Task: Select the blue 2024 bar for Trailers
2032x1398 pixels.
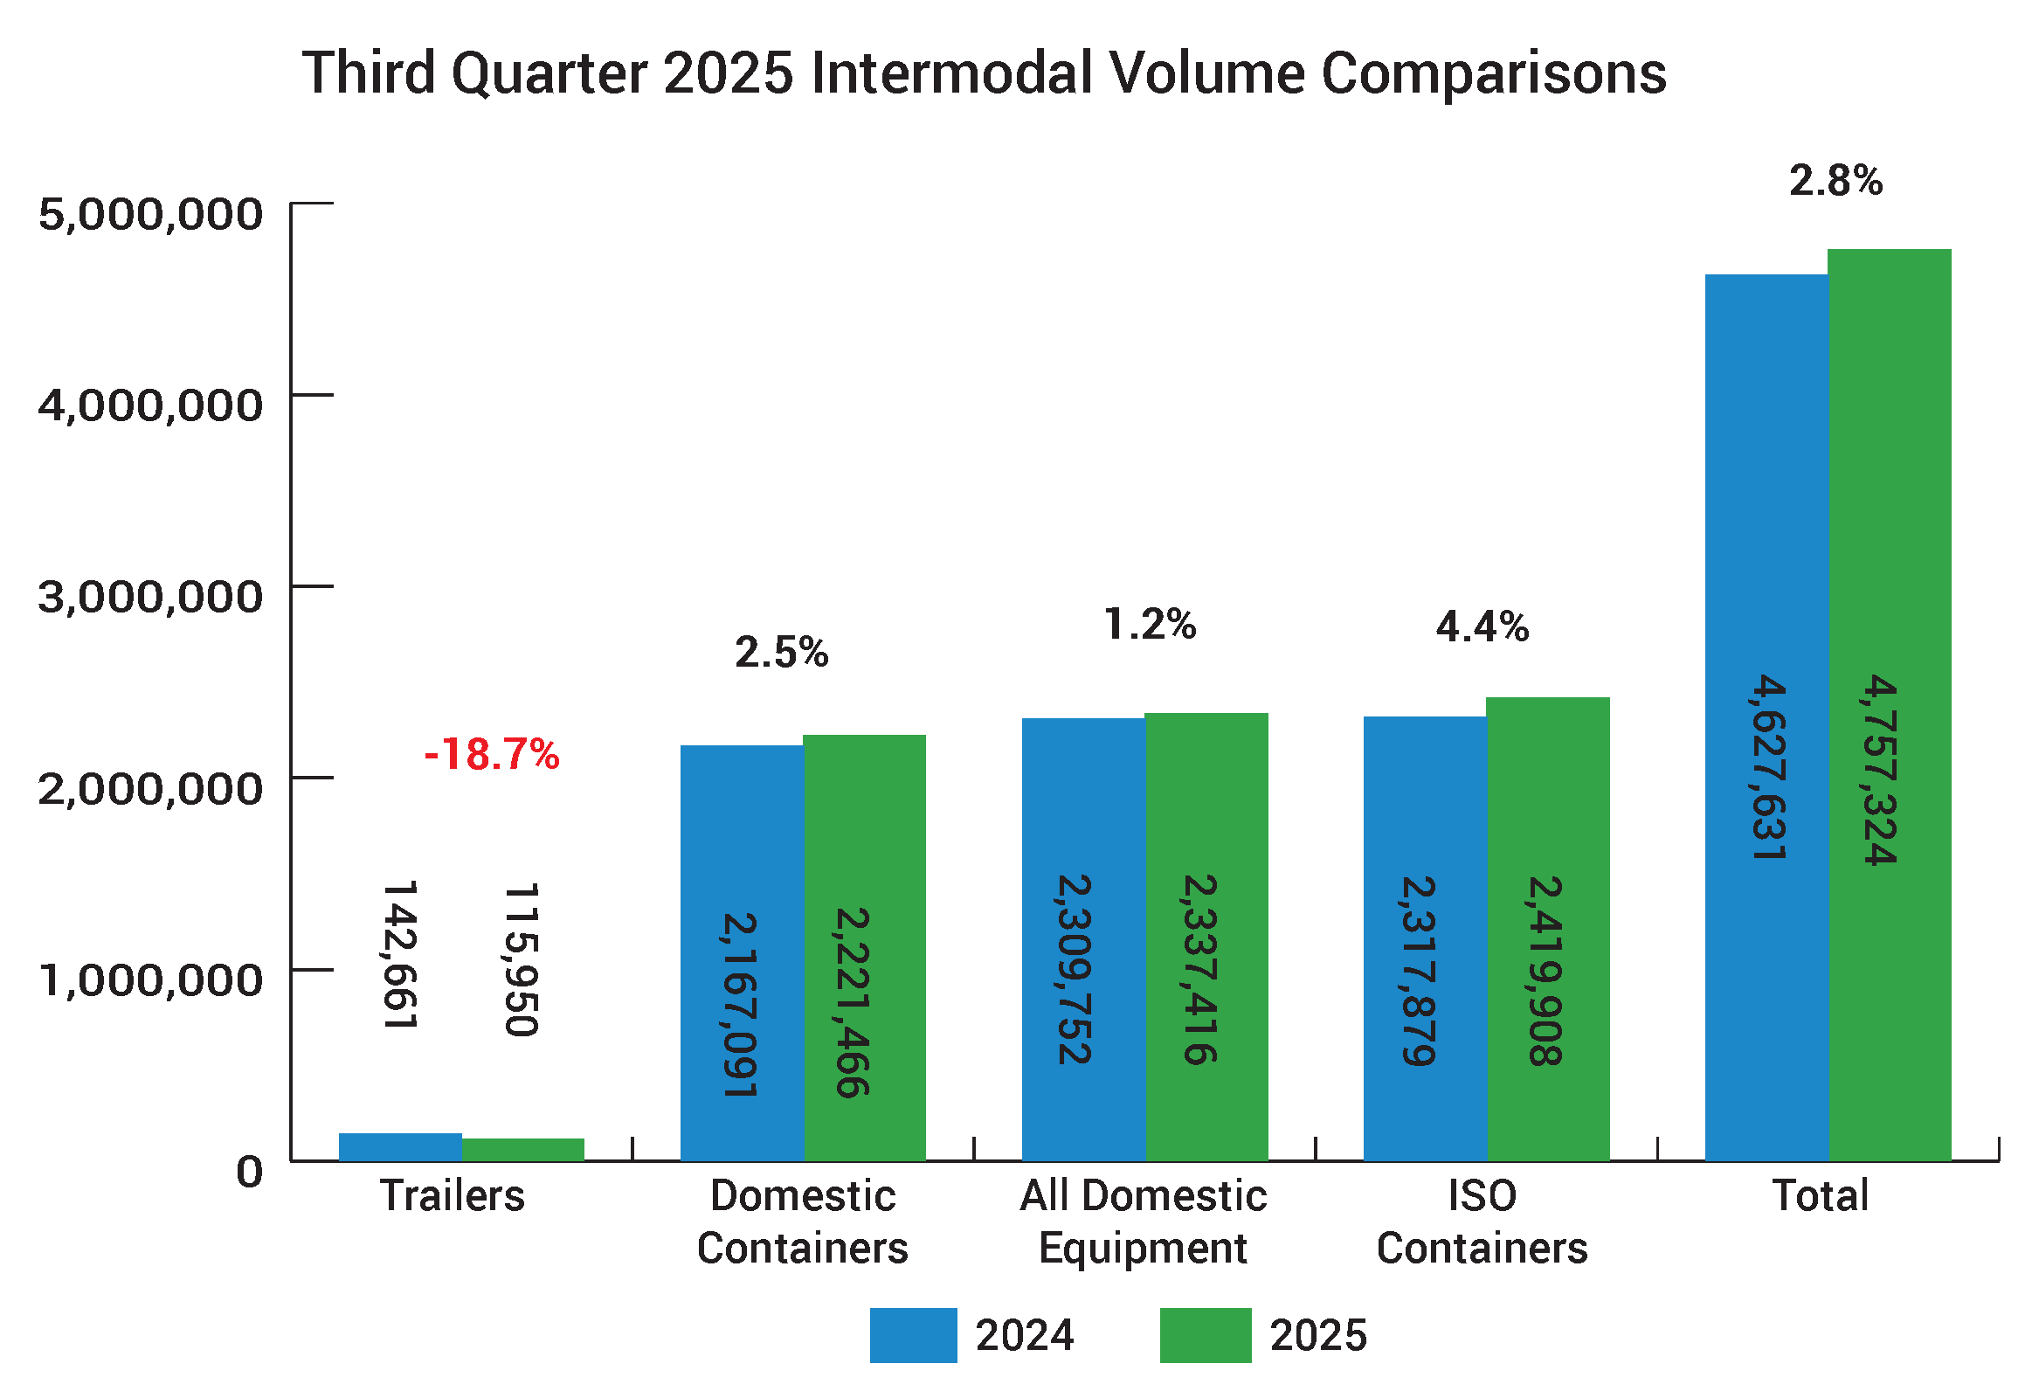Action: pos(400,1146)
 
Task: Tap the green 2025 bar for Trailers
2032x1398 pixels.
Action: pos(523,1149)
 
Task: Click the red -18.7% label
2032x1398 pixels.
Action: pos(491,754)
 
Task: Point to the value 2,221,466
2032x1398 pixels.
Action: pos(852,1003)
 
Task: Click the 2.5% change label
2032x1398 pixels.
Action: pos(781,653)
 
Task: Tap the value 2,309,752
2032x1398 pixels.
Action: pos(1074,969)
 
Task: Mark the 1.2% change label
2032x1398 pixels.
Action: pos(1149,625)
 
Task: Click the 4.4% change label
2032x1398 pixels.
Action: pos(1482,627)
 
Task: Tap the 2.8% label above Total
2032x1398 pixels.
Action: pos(1835,182)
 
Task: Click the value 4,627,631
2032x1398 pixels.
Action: pos(1767,766)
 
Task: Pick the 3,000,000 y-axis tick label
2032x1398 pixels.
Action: pos(149,597)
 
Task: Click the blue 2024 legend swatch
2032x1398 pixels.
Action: pos(913,1335)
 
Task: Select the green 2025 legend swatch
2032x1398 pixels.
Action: pos(1206,1335)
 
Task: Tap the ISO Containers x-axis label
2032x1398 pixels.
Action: pos(1482,1221)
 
